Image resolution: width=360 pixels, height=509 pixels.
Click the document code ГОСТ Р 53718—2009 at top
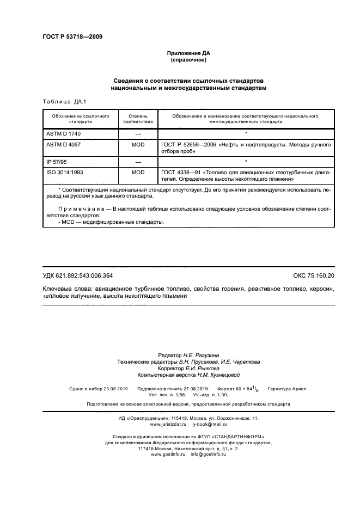tap(72, 37)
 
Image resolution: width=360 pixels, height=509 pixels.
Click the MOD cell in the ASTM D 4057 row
tap(138, 145)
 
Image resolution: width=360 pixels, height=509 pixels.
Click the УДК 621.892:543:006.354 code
tap(78, 275)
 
